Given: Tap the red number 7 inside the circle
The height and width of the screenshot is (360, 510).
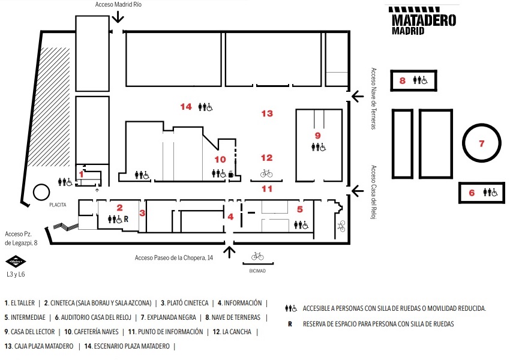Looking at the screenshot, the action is (482, 143).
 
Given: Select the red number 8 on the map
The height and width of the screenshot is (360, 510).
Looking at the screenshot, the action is (403, 80).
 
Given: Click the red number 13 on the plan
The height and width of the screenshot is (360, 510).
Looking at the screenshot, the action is (267, 113).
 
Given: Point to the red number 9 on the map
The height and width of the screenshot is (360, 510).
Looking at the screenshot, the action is (318, 135).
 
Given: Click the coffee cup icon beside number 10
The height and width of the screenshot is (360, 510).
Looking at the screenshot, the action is (231, 175).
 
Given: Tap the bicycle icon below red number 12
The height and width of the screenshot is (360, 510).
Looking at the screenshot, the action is (266, 173).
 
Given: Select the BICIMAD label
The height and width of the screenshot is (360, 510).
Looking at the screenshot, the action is (257, 271).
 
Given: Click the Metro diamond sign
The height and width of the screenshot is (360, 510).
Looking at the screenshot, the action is (16, 261).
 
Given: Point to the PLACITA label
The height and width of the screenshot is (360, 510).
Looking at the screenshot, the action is (58, 205).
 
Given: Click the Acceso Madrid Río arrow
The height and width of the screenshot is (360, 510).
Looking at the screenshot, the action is (118, 16).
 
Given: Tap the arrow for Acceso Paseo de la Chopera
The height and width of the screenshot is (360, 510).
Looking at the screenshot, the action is (230, 252).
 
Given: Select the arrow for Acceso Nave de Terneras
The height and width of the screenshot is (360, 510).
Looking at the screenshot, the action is (358, 96).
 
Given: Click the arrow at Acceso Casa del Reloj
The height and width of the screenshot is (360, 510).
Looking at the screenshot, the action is (358, 191).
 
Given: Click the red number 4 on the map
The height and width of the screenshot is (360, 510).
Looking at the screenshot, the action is (230, 217).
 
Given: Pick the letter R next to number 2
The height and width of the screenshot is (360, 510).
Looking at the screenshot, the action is (126, 219).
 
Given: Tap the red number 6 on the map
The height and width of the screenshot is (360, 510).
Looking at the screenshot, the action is (472, 193).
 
